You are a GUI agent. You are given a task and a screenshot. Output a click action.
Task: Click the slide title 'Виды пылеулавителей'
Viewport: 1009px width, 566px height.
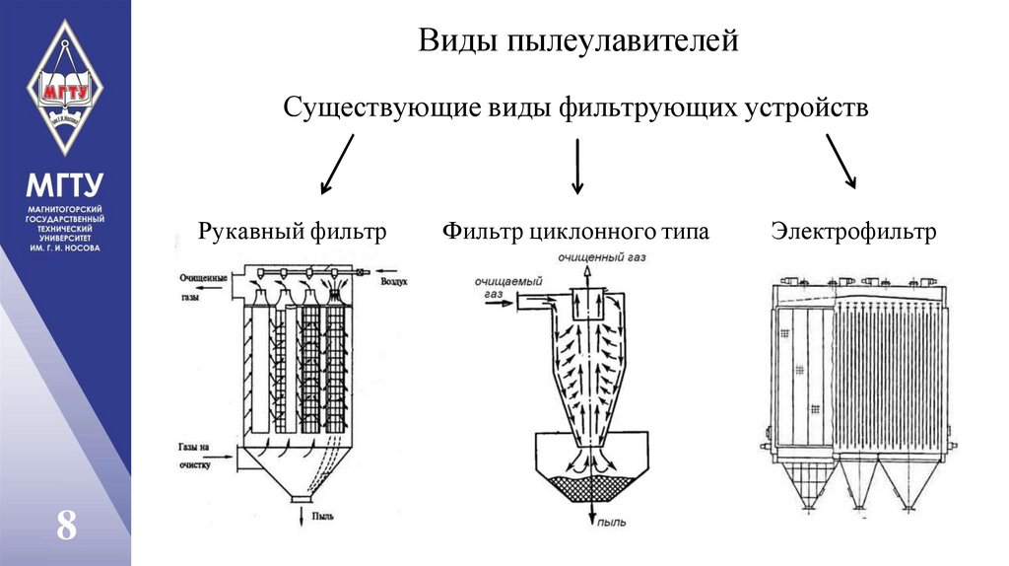pos(578,41)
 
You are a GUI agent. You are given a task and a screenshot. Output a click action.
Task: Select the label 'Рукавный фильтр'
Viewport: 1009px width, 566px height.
pos(292,233)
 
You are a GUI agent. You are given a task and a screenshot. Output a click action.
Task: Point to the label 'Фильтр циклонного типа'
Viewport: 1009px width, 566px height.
pos(575,233)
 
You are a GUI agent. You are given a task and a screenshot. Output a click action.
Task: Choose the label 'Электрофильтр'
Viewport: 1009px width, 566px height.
pos(853,233)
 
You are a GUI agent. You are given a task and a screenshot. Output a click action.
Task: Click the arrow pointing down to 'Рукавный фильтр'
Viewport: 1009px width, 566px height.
pos(337,164)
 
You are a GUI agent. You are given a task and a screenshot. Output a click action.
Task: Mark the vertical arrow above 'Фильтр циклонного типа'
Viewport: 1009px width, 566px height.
pos(577,165)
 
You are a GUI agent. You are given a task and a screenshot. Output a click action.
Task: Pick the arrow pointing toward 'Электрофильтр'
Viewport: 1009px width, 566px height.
pos(841,161)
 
